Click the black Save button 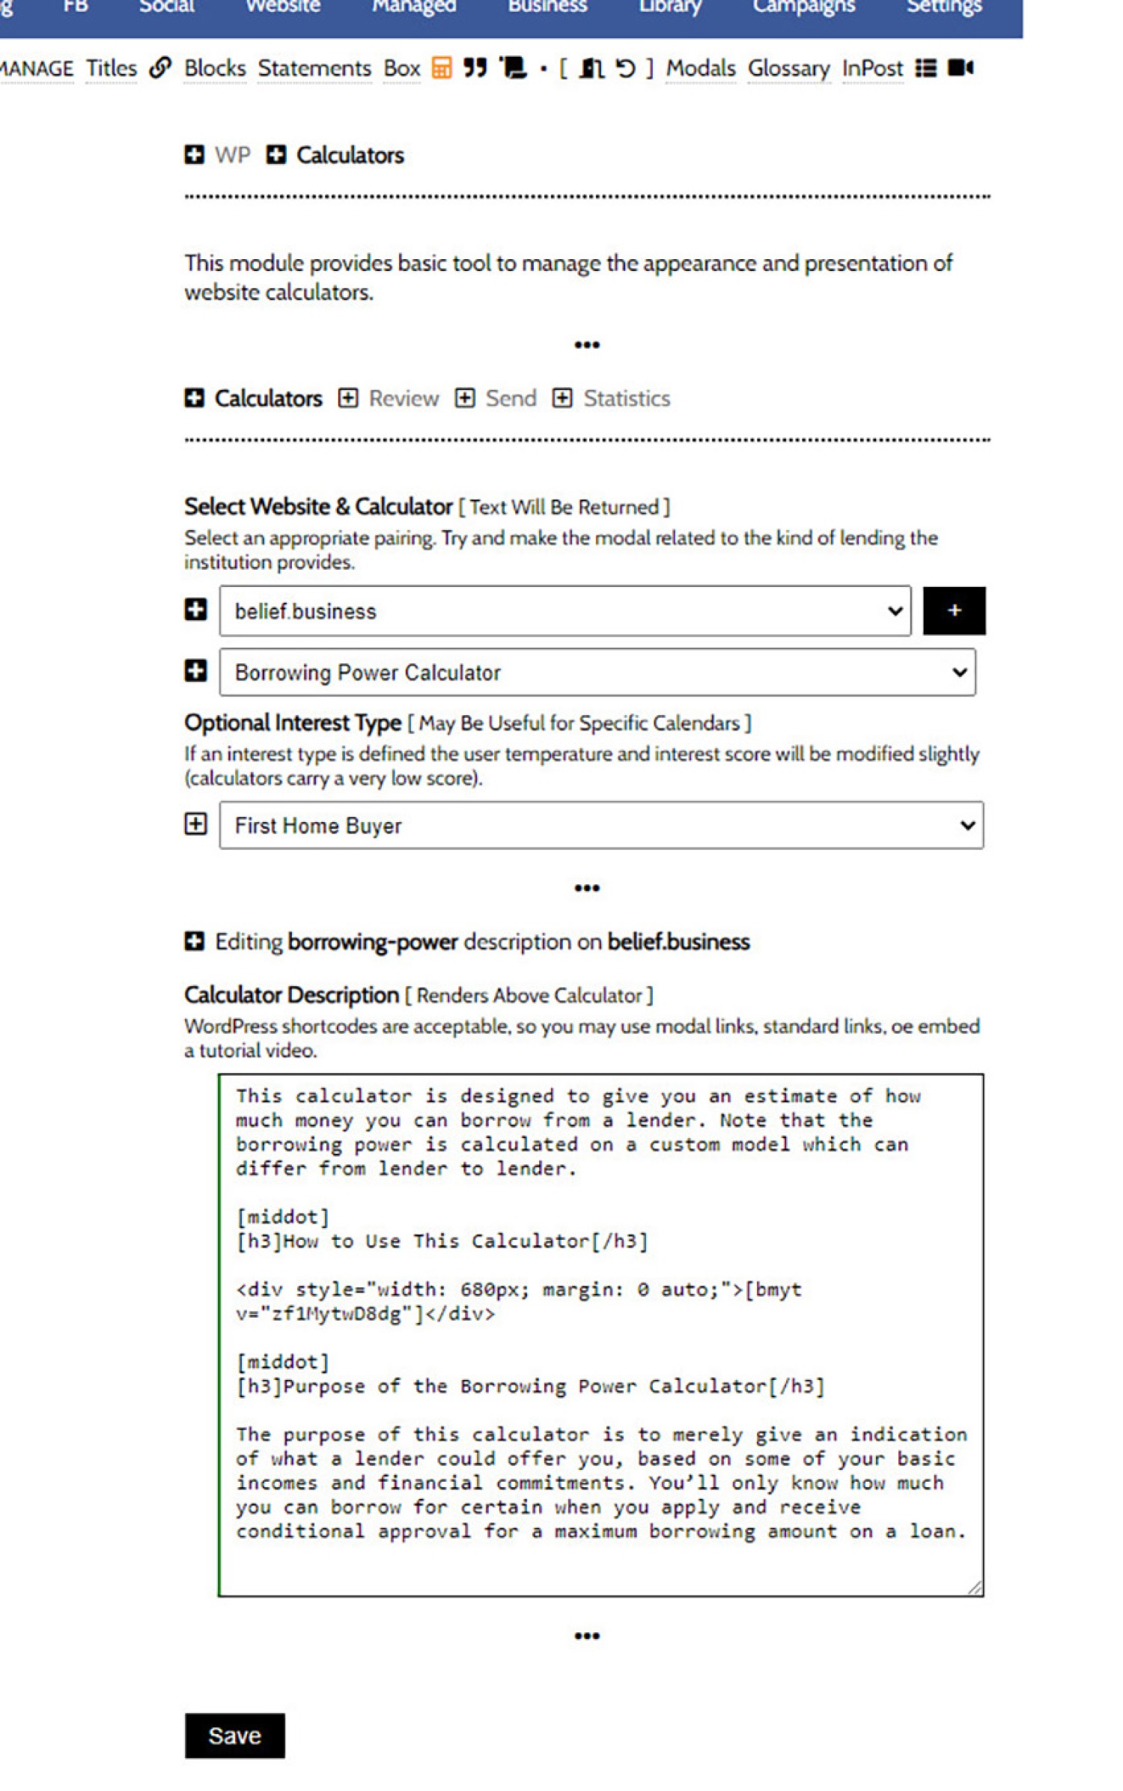(x=234, y=1735)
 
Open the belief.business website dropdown (x=564, y=611)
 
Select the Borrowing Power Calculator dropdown (x=597, y=672)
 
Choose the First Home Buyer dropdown (x=600, y=825)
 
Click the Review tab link (x=403, y=398)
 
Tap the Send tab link (x=511, y=398)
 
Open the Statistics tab (x=626, y=398)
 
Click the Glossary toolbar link (x=788, y=69)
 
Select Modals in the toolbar (x=701, y=69)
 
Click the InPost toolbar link (x=872, y=69)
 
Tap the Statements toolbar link (x=314, y=69)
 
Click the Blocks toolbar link (x=215, y=69)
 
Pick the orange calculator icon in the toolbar (x=442, y=69)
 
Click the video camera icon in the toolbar (x=961, y=69)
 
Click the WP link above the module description (x=232, y=155)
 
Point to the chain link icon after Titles (x=160, y=68)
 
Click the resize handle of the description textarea (x=975, y=1587)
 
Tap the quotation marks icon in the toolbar (x=475, y=69)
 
